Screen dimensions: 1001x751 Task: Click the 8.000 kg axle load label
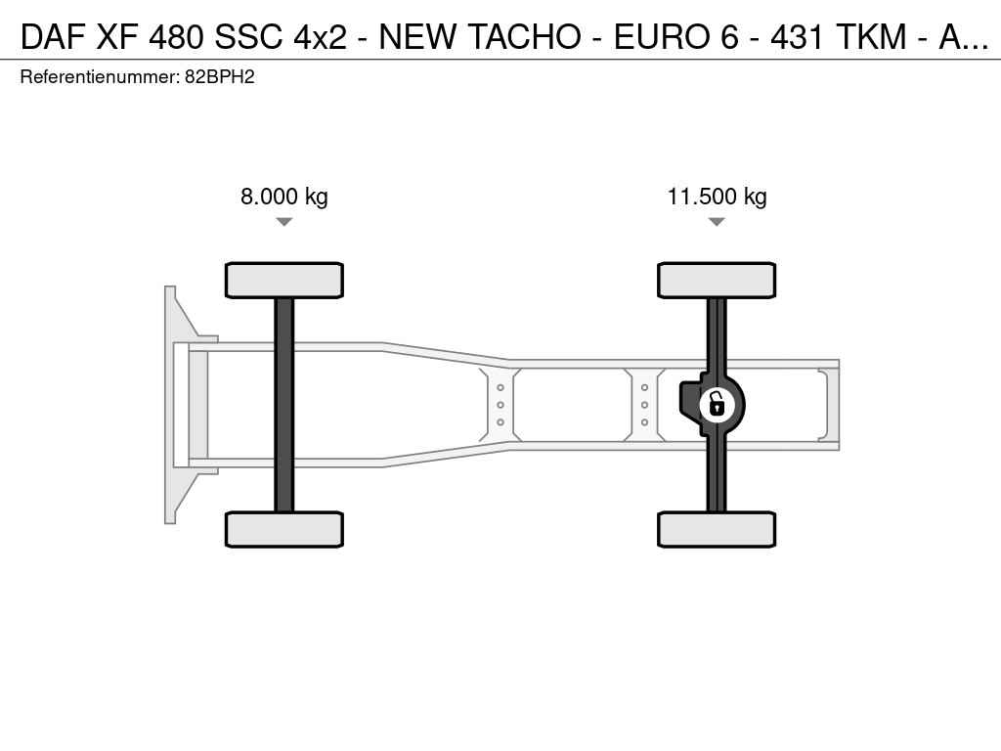284,196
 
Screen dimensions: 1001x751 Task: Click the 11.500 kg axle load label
717,196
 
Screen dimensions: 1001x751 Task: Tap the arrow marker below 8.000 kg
284,222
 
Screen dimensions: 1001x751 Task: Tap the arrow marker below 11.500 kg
717,222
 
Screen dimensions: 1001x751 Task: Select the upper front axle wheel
284,280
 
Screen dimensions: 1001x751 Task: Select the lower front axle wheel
284,529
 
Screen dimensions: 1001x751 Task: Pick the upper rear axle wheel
717,280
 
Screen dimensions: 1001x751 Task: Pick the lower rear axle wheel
717,529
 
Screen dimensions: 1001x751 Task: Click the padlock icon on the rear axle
717,405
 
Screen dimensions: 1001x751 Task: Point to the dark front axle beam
284,405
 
